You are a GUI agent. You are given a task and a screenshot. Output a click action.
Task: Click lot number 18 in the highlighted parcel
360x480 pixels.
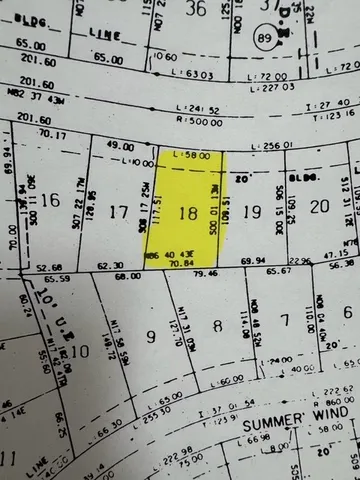(x=187, y=212)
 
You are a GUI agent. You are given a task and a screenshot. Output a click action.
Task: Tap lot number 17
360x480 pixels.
(x=119, y=211)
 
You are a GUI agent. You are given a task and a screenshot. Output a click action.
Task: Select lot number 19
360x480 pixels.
(x=252, y=210)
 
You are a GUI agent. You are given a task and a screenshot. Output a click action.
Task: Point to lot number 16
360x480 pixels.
(x=50, y=200)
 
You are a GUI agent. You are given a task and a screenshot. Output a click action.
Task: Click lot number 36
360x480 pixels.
(x=197, y=8)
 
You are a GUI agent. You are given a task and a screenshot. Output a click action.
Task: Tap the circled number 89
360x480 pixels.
(x=264, y=38)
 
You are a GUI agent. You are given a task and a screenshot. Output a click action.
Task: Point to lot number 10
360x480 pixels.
(x=82, y=349)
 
